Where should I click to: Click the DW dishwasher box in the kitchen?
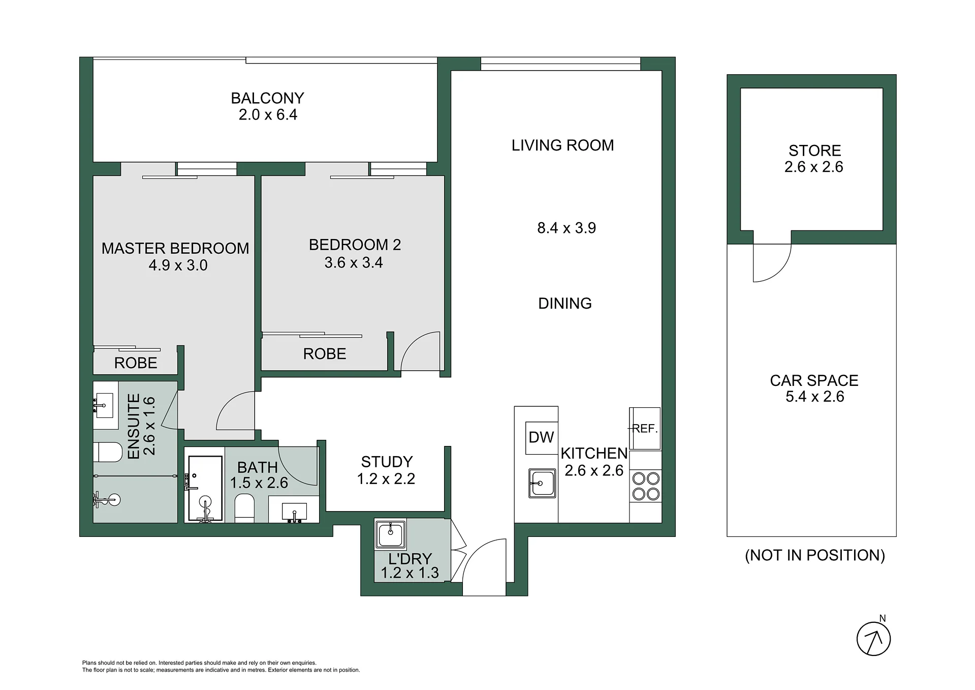point(542,437)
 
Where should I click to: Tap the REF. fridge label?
point(645,429)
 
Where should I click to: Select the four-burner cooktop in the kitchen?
point(646,486)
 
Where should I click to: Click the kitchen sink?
point(542,483)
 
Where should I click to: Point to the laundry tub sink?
point(390,534)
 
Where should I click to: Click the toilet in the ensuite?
point(108,452)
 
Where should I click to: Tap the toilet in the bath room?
point(244,507)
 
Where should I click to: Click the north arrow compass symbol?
point(874,638)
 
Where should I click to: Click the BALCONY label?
point(267,98)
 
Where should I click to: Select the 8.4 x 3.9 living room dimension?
point(567,228)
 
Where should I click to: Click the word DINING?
point(565,304)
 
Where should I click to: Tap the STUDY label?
point(387,462)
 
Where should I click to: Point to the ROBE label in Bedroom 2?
point(325,354)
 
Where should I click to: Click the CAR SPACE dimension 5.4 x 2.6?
point(814,397)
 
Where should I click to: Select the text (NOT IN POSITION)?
point(815,555)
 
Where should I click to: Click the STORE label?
point(814,151)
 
